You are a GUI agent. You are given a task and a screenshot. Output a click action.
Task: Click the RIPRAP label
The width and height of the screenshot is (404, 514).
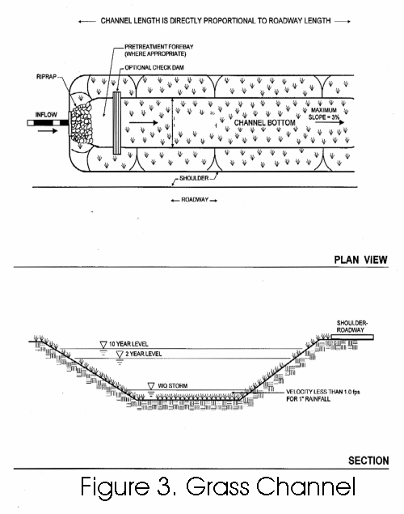(x=46, y=77)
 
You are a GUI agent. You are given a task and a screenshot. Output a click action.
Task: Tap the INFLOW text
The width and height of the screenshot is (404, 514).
(x=46, y=115)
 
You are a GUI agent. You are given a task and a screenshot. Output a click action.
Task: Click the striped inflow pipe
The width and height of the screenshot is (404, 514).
(x=48, y=123)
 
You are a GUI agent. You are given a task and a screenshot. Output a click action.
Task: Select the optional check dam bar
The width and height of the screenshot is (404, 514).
(x=116, y=123)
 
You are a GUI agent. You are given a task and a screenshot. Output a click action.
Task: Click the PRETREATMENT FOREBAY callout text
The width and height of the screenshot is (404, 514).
(x=158, y=50)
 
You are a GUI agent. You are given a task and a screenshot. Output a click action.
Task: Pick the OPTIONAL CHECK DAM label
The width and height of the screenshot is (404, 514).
(x=154, y=67)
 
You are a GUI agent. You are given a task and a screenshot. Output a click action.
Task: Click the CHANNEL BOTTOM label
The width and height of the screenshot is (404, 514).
(x=265, y=122)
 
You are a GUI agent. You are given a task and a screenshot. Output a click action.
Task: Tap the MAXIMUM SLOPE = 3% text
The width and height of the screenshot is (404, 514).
(x=324, y=113)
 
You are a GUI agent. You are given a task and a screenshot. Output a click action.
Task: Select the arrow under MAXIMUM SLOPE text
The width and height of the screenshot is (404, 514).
(x=330, y=122)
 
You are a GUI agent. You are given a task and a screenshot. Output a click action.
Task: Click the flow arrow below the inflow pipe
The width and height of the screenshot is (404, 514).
(x=48, y=131)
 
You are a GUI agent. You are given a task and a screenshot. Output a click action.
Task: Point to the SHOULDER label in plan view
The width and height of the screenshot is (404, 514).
(x=194, y=178)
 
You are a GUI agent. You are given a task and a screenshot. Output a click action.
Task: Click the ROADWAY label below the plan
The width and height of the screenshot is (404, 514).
(x=195, y=200)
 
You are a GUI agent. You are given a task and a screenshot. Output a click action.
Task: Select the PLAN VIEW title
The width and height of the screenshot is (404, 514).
(x=361, y=260)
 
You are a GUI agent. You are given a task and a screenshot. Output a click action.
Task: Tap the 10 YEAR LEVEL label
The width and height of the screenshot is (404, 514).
(x=128, y=344)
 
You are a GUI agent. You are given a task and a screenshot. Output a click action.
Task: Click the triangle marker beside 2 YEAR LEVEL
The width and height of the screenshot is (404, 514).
(x=120, y=354)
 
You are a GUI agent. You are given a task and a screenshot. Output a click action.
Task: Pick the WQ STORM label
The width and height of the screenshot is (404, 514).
(x=173, y=386)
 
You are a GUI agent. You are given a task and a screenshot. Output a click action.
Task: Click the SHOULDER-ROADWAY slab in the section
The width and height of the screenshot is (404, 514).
(x=352, y=337)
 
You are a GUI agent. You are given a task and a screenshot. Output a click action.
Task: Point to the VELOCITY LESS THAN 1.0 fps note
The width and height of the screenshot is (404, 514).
(x=323, y=395)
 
